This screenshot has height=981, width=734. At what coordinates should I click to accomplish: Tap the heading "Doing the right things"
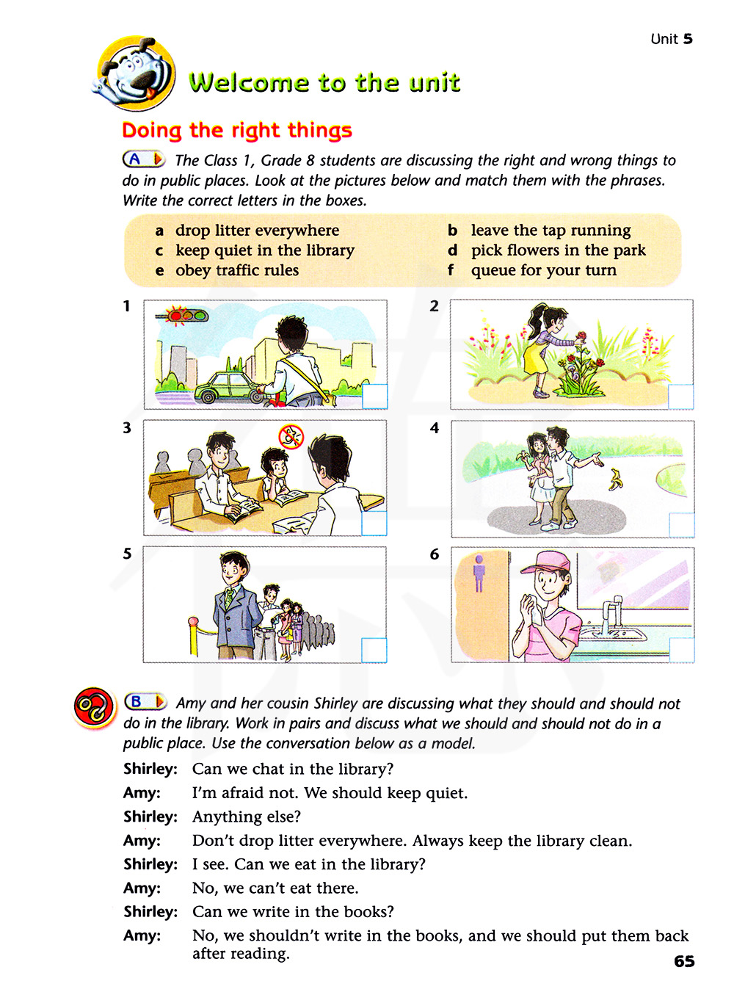click(x=237, y=131)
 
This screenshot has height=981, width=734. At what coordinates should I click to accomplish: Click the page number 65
click(x=683, y=961)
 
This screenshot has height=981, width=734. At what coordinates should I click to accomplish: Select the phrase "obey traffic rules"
click(x=236, y=270)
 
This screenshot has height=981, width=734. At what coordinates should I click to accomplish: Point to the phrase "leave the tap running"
click(x=550, y=231)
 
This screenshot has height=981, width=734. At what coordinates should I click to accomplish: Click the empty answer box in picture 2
click(x=680, y=397)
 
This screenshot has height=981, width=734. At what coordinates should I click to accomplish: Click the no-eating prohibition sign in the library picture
click(x=291, y=437)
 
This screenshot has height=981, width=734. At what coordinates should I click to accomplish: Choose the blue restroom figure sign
click(x=479, y=572)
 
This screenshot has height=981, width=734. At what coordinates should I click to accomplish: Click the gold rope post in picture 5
click(x=195, y=636)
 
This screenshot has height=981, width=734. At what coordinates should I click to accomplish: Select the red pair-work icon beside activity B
click(x=95, y=708)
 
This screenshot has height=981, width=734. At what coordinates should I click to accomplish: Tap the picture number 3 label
click(x=127, y=428)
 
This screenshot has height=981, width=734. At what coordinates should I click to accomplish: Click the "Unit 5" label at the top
click(x=671, y=39)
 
